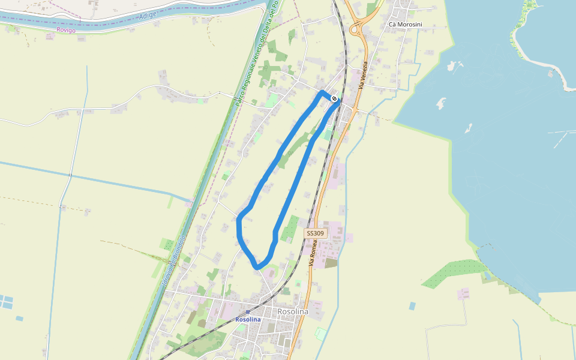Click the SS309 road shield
[x=315, y=233]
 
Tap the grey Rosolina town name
[x=293, y=312]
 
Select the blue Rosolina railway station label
[x=248, y=319]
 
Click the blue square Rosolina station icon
[x=247, y=313]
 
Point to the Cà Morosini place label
[x=405, y=24]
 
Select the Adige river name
[x=147, y=17]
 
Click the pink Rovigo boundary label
[x=66, y=30]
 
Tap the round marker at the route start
[x=334, y=99]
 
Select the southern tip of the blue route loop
[x=258, y=266]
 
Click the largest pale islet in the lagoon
[x=442, y=103]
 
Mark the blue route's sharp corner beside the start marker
[x=323, y=92]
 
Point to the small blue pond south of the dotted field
[x=412, y=306]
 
